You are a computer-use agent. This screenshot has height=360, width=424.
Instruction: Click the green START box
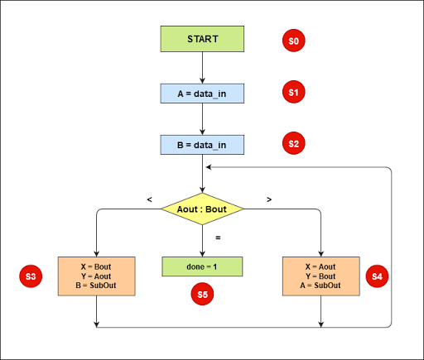click(x=202, y=40)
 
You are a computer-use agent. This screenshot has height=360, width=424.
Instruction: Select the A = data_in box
click(x=202, y=93)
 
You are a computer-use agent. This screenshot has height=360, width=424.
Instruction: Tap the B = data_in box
click(x=202, y=146)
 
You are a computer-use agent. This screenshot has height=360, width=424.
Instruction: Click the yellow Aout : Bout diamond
click(x=202, y=209)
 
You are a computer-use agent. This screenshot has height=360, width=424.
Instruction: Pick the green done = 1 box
click(x=202, y=266)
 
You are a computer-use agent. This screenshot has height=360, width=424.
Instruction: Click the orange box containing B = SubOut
click(x=97, y=276)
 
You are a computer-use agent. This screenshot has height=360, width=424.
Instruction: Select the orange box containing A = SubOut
click(x=320, y=276)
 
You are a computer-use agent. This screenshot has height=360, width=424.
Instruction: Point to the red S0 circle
click(x=293, y=40)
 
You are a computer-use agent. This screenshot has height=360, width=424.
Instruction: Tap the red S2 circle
click(x=293, y=143)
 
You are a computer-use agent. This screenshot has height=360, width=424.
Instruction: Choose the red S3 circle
click(x=30, y=276)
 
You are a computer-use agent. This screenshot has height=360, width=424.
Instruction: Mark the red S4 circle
click(x=378, y=276)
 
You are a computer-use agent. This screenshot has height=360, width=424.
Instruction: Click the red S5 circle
click(x=202, y=294)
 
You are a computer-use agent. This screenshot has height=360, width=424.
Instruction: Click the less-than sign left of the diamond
click(x=149, y=199)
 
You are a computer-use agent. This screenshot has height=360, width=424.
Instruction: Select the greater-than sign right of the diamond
click(x=271, y=199)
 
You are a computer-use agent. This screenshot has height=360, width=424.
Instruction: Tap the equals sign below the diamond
click(x=218, y=238)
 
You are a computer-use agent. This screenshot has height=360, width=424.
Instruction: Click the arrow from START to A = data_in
click(x=202, y=67)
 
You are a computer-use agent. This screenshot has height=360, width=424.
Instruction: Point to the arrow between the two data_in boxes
click(x=202, y=119)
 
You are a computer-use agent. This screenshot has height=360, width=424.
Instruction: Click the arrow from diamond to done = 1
click(x=202, y=241)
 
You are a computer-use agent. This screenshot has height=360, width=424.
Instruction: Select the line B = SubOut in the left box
click(x=97, y=285)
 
